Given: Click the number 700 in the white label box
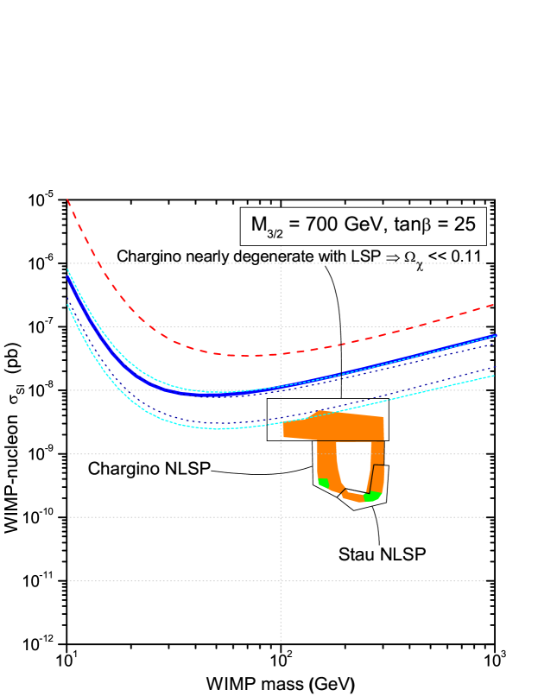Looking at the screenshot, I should point(325,225).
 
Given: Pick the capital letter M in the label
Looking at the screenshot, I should point(259,225).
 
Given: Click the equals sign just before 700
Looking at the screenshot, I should point(295,225).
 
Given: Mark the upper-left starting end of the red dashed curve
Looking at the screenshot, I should point(67,200).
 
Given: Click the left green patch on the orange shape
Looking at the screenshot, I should point(322,482).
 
